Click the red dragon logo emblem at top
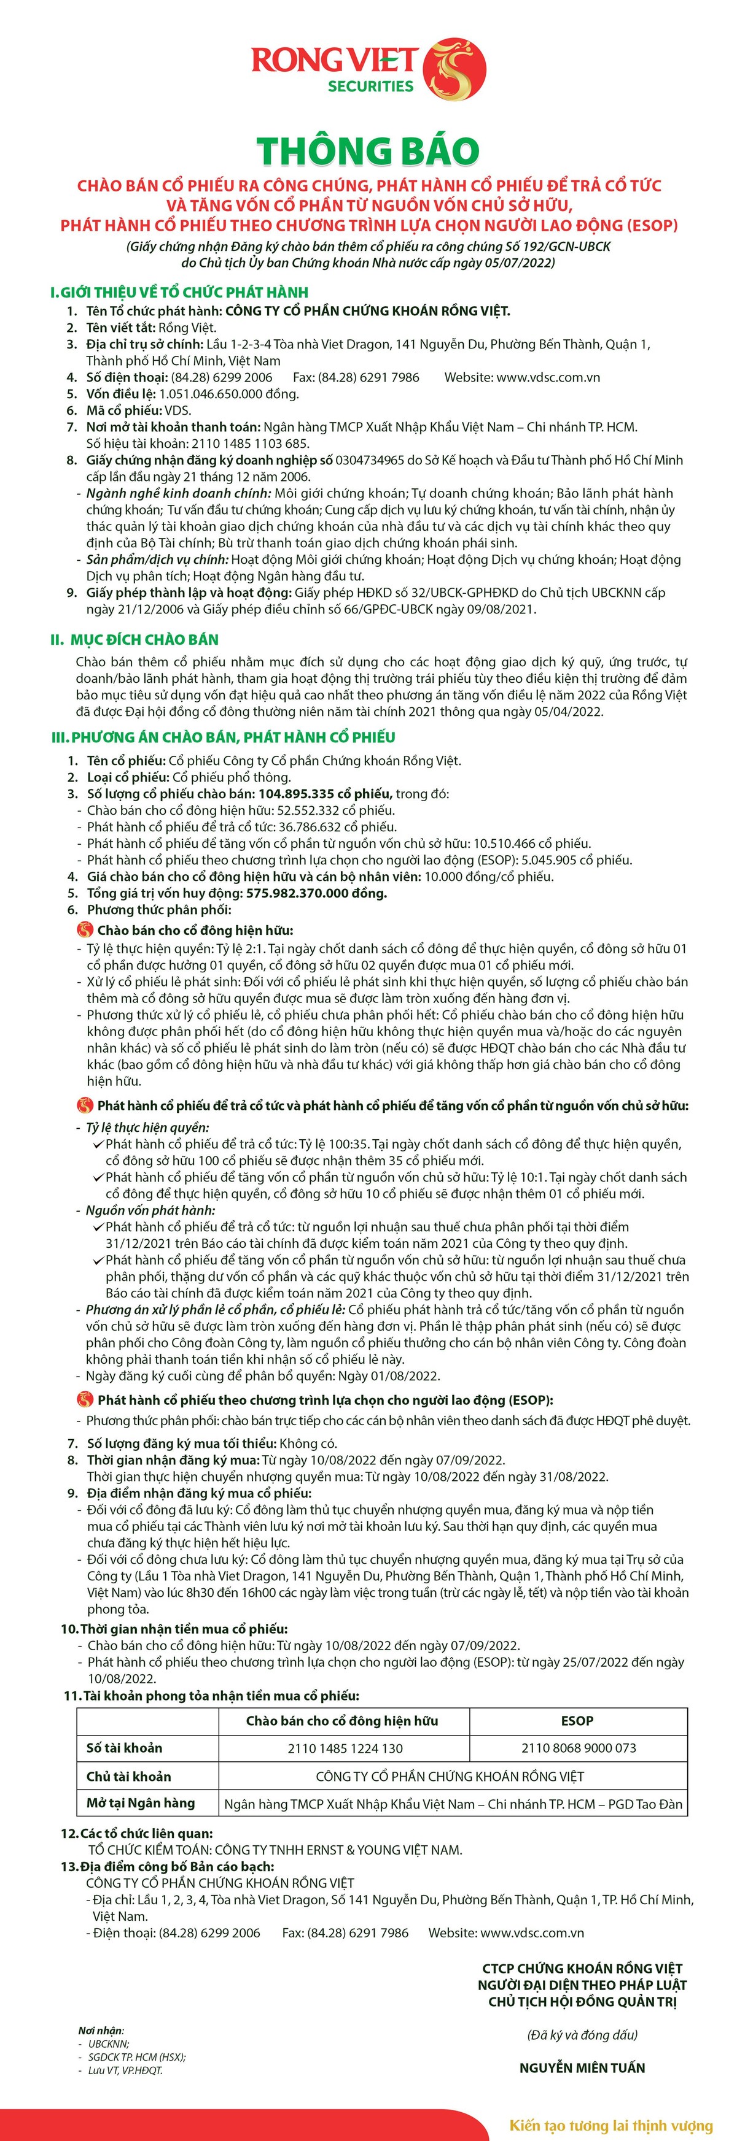(x=455, y=68)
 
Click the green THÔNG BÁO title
(x=368, y=152)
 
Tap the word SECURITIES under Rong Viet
(x=370, y=86)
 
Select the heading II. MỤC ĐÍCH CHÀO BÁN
(x=134, y=639)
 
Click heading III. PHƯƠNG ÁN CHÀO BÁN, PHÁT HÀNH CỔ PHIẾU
(x=223, y=737)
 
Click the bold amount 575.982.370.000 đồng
(x=316, y=893)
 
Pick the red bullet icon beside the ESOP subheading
(x=85, y=1401)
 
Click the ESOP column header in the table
(x=577, y=1720)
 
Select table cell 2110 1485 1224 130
(x=345, y=1748)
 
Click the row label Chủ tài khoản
(x=129, y=1776)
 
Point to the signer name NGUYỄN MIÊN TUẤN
(x=582, y=2067)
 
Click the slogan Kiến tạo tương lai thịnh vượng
(x=610, y=2125)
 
